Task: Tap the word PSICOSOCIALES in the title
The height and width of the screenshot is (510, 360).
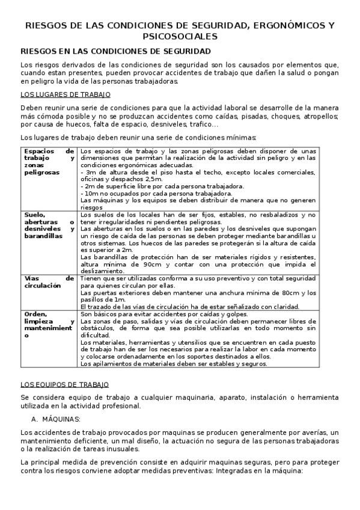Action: [179, 37]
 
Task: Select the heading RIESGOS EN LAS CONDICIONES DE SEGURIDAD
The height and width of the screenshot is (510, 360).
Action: [115, 52]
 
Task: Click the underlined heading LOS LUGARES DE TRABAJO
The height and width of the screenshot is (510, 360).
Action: [66, 94]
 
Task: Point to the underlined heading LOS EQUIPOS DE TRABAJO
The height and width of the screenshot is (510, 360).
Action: [65, 384]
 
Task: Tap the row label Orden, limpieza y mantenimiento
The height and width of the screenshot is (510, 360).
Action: [49, 326]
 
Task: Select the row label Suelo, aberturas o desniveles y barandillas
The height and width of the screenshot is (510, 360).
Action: [49, 226]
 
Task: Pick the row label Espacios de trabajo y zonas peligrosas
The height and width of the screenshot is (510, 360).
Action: [49, 162]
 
